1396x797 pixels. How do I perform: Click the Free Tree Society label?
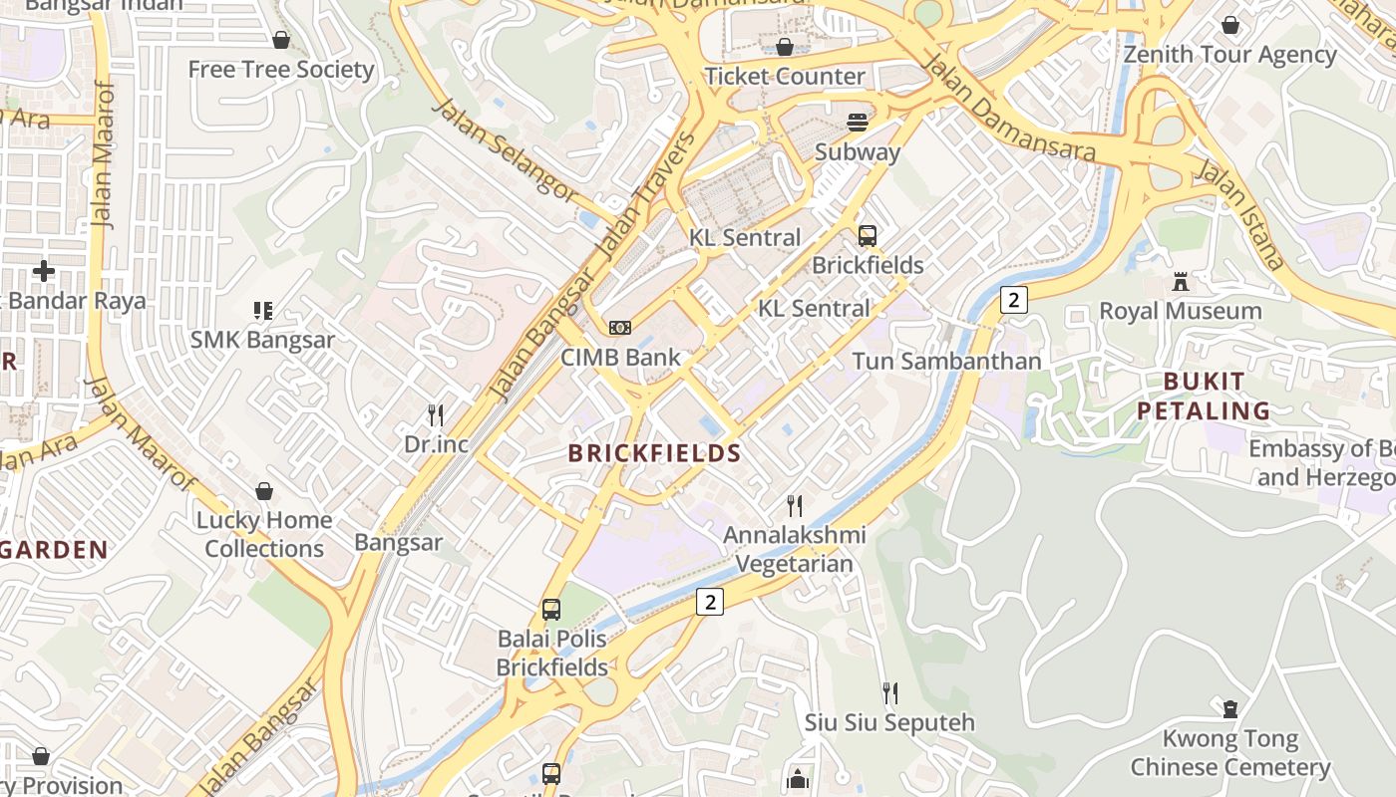(x=281, y=69)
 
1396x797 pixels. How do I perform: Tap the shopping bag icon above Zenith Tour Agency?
(x=1230, y=25)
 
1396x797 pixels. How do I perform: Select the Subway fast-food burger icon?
(x=858, y=123)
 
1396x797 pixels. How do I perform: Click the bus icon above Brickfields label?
(x=868, y=236)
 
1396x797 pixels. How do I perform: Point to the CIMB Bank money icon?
(x=620, y=328)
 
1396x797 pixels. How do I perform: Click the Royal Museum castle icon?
(x=1181, y=282)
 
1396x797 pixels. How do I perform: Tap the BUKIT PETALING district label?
(x=1204, y=396)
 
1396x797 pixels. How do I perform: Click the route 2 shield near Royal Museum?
(x=1013, y=299)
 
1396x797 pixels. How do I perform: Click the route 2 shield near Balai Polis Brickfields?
(x=709, y=601)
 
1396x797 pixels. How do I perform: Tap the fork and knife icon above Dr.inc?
(x=436, y=414)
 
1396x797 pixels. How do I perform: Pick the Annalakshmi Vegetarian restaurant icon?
(x=795, y=506)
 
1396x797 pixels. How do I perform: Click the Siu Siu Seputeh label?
(x=889, y=721)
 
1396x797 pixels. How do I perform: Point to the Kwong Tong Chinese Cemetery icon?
(x=1230, y=709)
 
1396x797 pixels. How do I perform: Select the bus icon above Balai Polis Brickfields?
(x=551, y=610)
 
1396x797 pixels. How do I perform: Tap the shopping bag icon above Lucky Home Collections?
(x=264, y=491)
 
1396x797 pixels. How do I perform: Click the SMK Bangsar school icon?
(x=263, y=311)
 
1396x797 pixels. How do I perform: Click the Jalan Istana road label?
(x=1240, y=215)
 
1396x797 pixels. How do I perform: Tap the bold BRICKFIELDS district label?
(x=654, y=453)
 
